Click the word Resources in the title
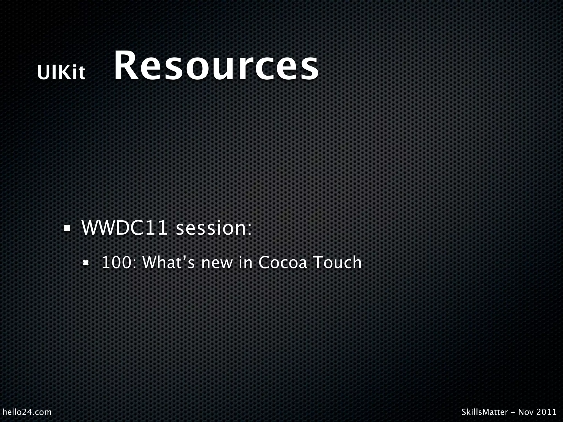coord(216,66)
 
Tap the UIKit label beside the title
coord(61,73)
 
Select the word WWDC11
coord(124,228)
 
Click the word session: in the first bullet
coord(214,228)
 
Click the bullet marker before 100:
coord(86,263)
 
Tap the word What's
coord(169,262)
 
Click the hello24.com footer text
coord(27,412)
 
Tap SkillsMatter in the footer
coord(485,412)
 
